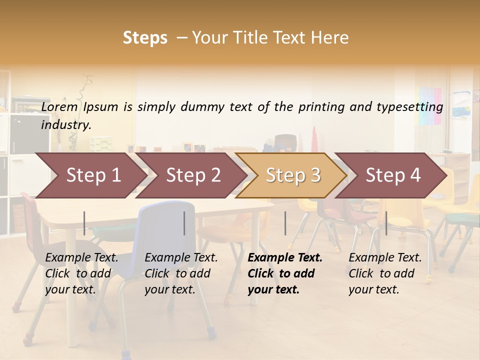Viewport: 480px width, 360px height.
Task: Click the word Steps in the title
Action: (145, 38)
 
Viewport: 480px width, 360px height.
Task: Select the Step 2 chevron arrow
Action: (193, 175)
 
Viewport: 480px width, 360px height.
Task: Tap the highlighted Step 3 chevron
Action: (293, 175)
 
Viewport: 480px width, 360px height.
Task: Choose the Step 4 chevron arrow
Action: (393, 175)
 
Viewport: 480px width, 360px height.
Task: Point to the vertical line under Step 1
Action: (84, 223)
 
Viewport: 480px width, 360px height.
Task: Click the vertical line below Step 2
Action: (184, 223)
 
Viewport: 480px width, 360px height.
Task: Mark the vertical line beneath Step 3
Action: (285, 223)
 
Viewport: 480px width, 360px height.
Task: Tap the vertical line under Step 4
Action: (386, 223)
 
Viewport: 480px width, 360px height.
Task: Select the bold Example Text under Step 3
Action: (285, 273)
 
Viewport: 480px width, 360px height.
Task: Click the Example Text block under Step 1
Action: (81, 273)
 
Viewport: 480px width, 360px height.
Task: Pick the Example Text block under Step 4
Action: (385, 273)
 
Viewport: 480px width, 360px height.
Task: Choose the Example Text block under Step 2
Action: (181, 273)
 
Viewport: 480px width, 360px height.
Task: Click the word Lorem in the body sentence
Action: (59, 107)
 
